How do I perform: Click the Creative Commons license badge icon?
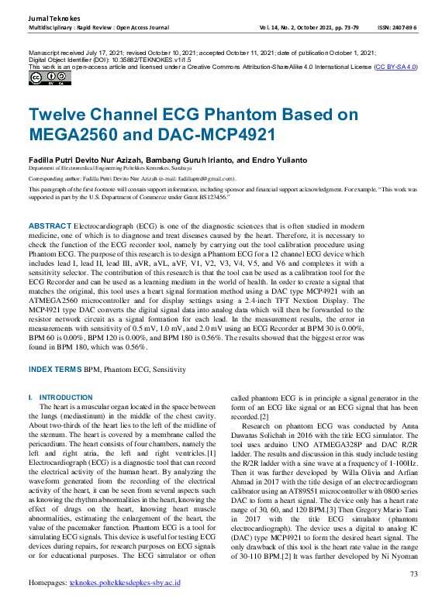pyautogui.click(x=39, y=77)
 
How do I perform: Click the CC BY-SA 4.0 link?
pyautogui.click(x=395, y=67)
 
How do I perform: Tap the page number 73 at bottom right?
pyautogui.click(x=413, y=574)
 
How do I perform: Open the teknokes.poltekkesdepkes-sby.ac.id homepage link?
pyautogui.click(x=125, y=603)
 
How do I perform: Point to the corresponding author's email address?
pyautogui.click(x=186, y=177)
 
